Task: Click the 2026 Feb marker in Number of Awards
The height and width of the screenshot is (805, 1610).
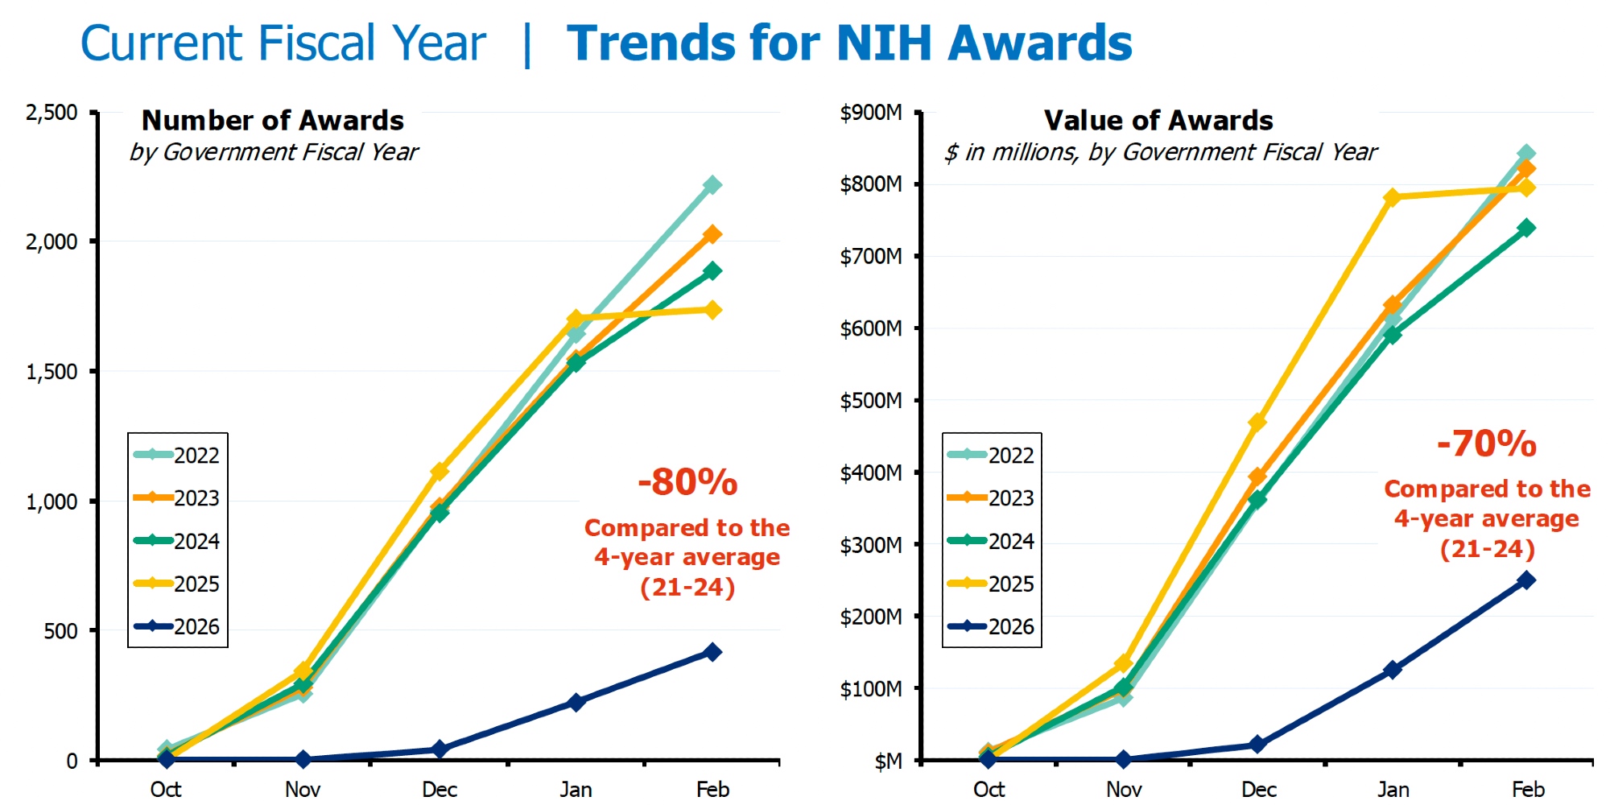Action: point(712,652)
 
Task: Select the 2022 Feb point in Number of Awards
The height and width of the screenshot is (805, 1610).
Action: point(712,185)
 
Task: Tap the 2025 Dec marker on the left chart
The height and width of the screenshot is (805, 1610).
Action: point(440,471)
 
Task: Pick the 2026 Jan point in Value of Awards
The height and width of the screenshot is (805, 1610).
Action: point(1393,670)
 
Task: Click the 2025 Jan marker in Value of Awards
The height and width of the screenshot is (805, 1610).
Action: point(1393,197)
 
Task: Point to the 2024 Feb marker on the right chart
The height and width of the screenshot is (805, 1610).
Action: point(1526,229)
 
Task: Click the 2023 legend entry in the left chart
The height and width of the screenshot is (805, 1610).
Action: point(177,498)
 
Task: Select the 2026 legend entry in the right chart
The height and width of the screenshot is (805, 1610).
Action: point(992,626)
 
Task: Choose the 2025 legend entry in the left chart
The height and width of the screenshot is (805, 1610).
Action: point(177,584)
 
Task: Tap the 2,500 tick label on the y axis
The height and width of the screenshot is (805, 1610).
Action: point(52,113)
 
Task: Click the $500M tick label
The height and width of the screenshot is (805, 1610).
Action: point(870,401)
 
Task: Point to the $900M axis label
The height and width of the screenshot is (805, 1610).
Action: point(870,113)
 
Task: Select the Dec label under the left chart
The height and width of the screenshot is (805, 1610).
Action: point(440,789)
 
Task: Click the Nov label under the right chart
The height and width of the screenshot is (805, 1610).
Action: point(1124,789)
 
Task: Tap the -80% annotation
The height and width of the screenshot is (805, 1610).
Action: point(687,483)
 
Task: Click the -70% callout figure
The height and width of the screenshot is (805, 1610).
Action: point(1487,444)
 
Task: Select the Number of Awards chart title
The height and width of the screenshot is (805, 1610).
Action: point(273,121)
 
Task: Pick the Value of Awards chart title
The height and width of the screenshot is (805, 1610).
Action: point(1158,121)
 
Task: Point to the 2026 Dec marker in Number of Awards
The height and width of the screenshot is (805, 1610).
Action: point(440,749)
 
